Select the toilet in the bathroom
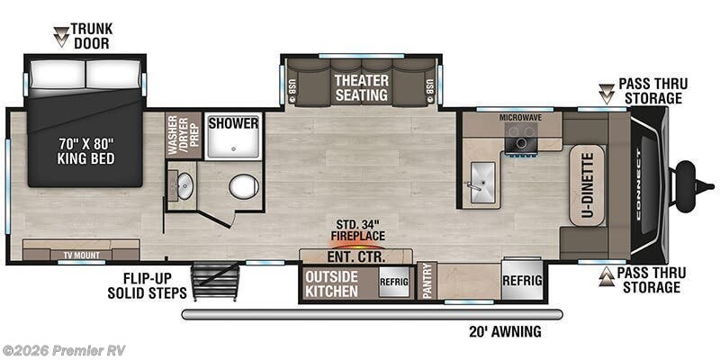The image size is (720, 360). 243,186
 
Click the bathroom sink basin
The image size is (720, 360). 184,187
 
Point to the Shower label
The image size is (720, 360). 233,123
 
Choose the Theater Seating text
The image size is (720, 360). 362,87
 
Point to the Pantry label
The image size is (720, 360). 428,281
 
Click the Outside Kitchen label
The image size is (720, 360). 332,283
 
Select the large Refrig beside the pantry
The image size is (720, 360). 522,280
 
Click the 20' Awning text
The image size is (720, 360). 505,331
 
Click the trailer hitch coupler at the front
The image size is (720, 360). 687,176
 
